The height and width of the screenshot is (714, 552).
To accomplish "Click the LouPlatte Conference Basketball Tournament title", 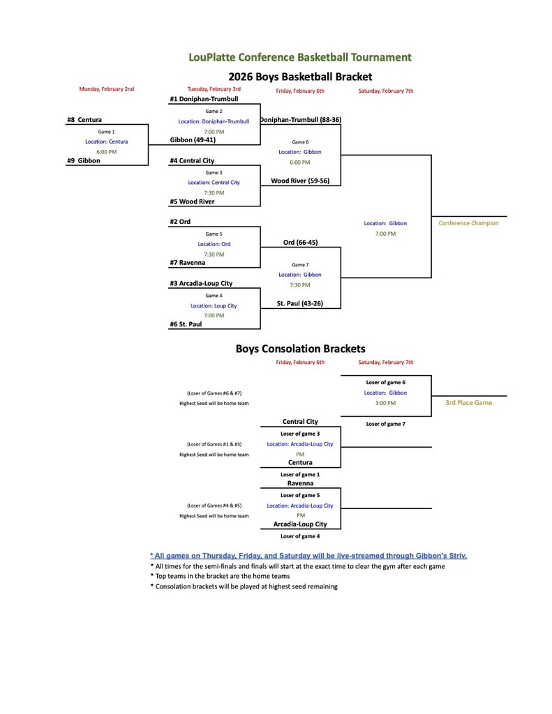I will (x=300, y=57).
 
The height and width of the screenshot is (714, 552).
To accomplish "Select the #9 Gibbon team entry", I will (x=83, y=161).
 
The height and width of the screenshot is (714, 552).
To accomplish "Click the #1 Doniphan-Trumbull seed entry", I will (x=204, y=99).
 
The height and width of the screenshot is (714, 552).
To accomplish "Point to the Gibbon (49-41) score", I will (x=193, y=140).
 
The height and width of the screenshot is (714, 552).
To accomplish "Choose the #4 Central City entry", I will (x=192, y=161).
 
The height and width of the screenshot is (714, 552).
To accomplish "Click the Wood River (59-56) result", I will (x=300, y=181).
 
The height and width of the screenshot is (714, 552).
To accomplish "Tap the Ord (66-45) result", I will (x=301, y=243).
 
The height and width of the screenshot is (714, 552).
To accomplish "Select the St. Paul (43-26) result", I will (x=300, y=304).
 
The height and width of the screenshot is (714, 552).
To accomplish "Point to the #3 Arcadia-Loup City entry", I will (x=201, y=284).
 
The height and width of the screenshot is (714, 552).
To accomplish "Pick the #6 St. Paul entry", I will (x=186, y=324).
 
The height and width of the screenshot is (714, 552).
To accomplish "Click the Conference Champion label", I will (x=469, y=223).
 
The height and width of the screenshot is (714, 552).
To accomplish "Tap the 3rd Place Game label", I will (x=469, y=403).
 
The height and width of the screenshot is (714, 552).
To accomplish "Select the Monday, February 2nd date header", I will (x=106, y=89).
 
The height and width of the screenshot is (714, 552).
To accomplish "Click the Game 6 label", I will (x=300, y=142).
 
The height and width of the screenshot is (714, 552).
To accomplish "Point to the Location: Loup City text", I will (x=214, y=305).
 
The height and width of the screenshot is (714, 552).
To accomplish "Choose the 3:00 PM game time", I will (x=385, y=403).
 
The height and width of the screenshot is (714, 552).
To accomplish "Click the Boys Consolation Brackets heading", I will (x=300, y=349).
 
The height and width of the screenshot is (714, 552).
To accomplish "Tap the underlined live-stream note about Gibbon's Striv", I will (x=308, y=556).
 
